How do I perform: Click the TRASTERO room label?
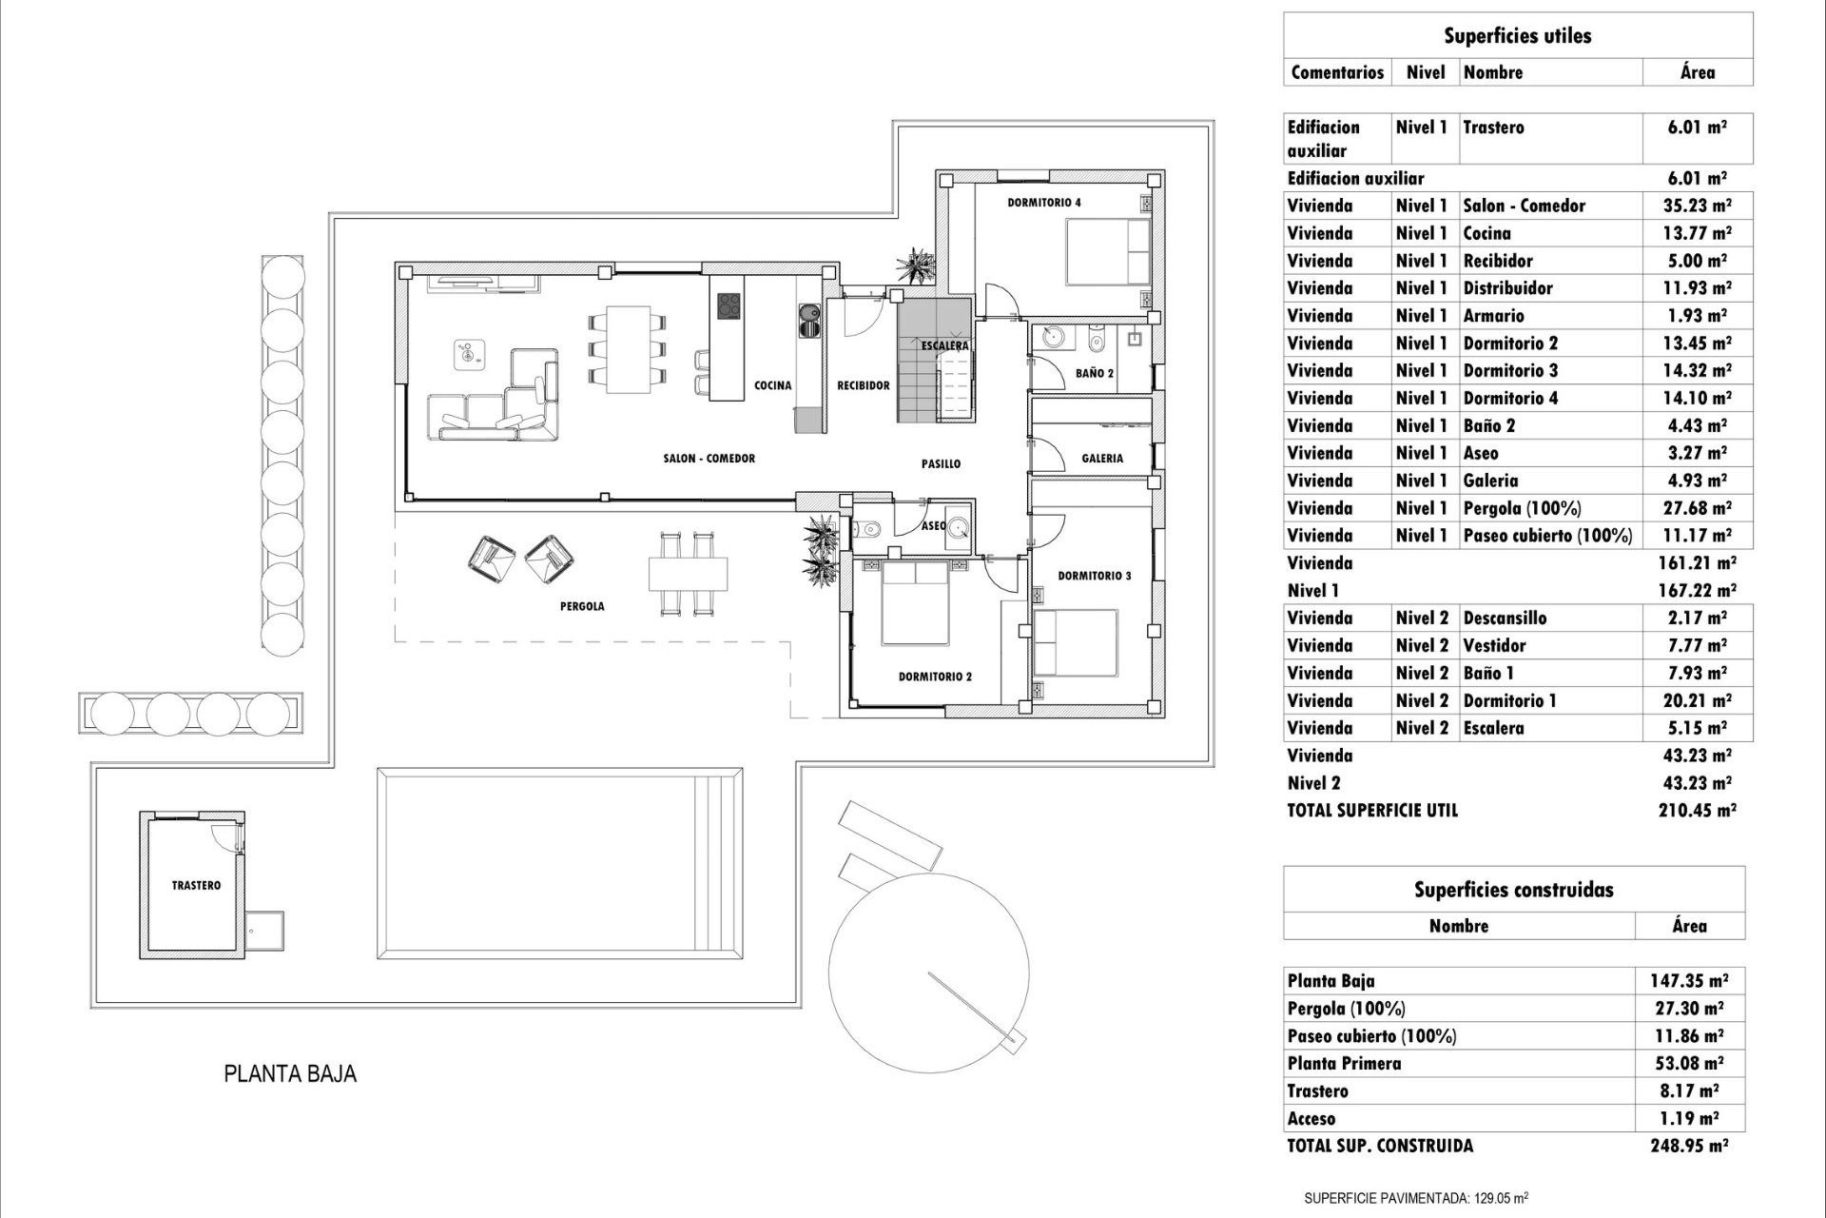coord(196,885)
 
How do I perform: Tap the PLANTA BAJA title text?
coord(290,1073)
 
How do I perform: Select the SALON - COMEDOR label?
coord(709,459)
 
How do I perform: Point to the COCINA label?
coord(772,385)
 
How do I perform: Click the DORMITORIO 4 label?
coord(1043,203)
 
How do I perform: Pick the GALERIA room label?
coord(1101,459)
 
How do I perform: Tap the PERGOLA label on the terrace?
coord(581,606)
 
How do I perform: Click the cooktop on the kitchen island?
coord(728,306)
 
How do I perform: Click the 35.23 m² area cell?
coord(1697,206)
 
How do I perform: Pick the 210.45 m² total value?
coord(1697,811)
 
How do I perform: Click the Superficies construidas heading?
coord(1513,890)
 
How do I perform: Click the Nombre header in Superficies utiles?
coord(1492,72)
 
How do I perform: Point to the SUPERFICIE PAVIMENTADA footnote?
coord(1415,1198)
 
